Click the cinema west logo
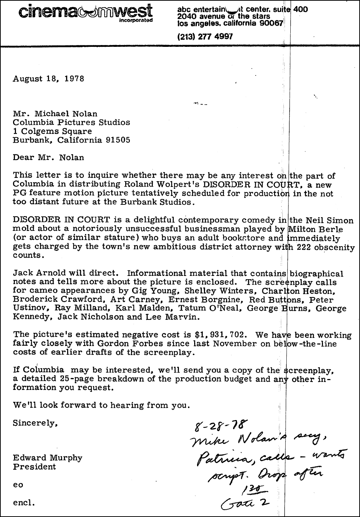click(x=85, y=12)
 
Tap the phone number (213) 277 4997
click(x=205, y=36)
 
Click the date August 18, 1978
click(x=49, y=78)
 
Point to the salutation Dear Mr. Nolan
click(x=48, y=158)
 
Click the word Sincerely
click(x=35, y=423)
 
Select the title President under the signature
click(x=34, y=467)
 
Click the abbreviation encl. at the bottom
click(x=24, y=503)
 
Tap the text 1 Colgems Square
click(x=52, y=131)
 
